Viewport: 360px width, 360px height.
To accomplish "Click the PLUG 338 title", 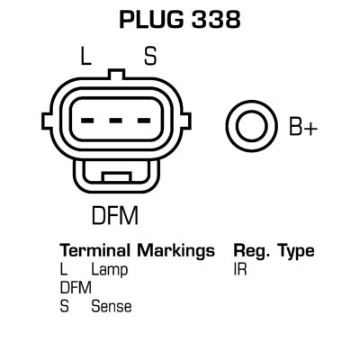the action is coord(180,20).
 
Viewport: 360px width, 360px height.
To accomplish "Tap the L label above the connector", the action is coord(85,56).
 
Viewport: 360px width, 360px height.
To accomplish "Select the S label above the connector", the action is coord(150,56).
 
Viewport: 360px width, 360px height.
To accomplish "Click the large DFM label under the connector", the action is coord(115,215).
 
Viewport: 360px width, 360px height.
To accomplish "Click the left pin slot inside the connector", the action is coord(87,121).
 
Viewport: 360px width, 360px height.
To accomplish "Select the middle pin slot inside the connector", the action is coord(116,121).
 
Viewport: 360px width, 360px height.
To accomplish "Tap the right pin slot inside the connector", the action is coord(144,121).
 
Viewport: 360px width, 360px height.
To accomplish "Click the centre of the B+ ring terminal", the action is coord(251,126).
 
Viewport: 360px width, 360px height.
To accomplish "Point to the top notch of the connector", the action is coord(117,75).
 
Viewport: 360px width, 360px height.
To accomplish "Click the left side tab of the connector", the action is coord(47,121).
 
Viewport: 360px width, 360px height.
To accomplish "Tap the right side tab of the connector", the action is coord(186,121).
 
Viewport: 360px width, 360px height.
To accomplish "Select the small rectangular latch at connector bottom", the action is coord(117,176).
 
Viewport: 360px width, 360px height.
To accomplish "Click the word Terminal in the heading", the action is coord(95,250).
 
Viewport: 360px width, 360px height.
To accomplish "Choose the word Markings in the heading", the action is coord(176,251).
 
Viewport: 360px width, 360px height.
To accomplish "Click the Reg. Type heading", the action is coord(274,251).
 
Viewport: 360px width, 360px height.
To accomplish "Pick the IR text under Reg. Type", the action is coord(240,269).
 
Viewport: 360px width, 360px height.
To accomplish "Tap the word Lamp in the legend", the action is coord(110,271).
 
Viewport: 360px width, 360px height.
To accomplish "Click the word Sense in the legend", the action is coord(112,306).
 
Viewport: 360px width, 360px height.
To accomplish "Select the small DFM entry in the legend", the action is coord(76,288).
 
